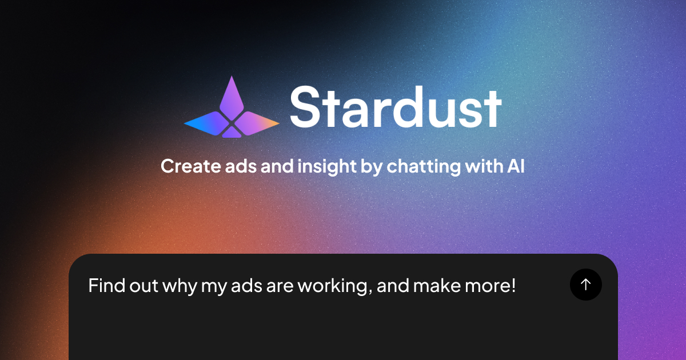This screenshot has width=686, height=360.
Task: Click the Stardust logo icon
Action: pos(232,109)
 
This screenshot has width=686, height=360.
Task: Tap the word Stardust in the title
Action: pos(396,107)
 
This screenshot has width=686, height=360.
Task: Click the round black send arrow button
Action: pos(585,284)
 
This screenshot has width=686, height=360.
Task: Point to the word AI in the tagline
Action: pos(516,166)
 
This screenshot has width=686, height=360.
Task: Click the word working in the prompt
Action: pos(333,285)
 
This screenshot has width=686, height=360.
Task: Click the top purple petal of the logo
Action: pos(232,94)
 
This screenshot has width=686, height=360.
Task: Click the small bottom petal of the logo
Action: pos(232,133)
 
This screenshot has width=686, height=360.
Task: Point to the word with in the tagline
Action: pos(483,166)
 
